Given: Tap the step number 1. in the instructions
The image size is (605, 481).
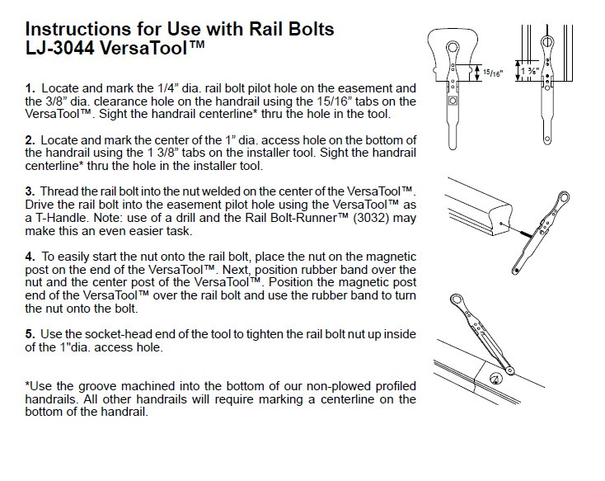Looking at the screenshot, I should pyautogui.click(x=30, y=87).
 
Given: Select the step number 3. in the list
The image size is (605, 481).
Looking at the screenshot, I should pyautogui.click(x=30, y=191).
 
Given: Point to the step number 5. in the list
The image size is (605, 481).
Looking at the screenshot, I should pyautogui.click(x=30, y=333).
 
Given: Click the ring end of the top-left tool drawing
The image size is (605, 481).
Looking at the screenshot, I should pyautogui.click(x=453, y=48).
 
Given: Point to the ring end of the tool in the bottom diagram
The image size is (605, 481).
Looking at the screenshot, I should pyautogui.click(x=457, y=300).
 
